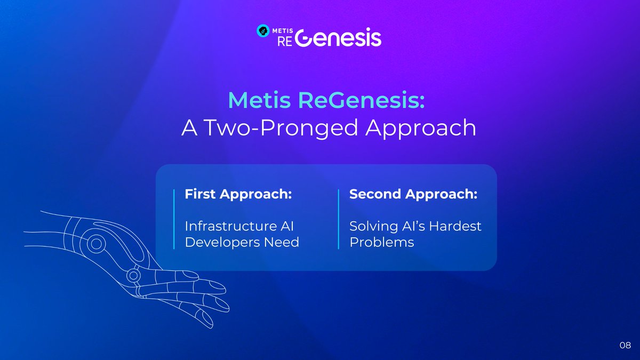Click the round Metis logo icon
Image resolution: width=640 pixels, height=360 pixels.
[x=263, y=30]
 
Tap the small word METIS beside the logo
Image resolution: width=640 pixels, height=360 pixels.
[x=283, y=30]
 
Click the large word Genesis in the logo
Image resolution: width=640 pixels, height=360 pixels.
[x=338, y=37]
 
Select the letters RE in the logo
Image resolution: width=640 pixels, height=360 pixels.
[x=285, y=42]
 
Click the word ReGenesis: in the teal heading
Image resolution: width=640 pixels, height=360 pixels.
[x=362, y=100]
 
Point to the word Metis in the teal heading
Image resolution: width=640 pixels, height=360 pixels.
[x=259, y=100]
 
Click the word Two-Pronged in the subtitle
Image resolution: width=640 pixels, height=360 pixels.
[x=281, y=128]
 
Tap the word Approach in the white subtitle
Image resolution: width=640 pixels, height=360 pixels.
[x=421, y=128]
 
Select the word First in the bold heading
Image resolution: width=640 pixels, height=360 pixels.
[x=200, y=194]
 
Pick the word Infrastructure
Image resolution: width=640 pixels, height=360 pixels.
[x=228, y=226]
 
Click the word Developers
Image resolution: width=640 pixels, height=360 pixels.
[x=222, y=243]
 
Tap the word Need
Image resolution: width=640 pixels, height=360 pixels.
[x=282, y=242]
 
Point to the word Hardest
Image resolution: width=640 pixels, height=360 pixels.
[x=455, y=226]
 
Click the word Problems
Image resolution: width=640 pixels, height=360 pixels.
[x=382, y=242]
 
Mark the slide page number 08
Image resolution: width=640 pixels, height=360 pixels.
[x=625, y=345]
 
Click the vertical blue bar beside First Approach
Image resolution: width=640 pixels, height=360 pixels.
[x=174, y=219]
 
